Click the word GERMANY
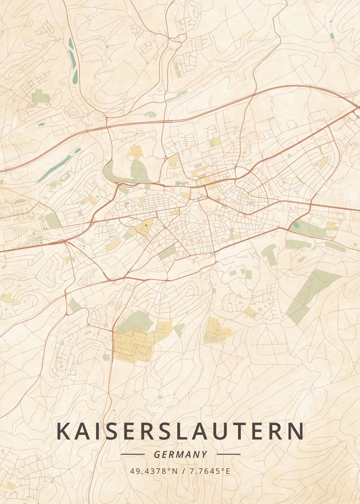click(180, 454)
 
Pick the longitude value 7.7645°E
click(210, 471)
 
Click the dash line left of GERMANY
click(132, 454)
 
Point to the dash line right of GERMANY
click(229, 454)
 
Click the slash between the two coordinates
click(183, 471)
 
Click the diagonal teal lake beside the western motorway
click(55, 168)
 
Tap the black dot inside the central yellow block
click(146, 226)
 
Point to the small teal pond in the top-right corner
click(332, 36)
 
